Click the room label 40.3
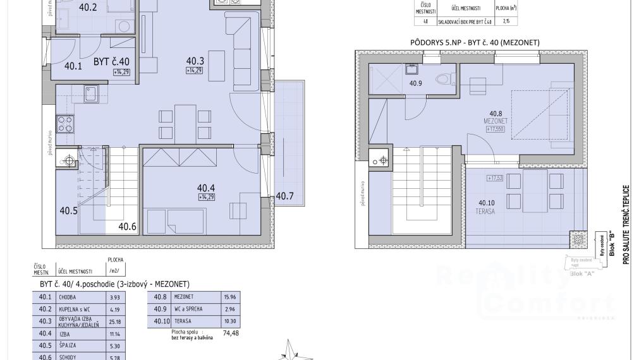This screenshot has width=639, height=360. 195,61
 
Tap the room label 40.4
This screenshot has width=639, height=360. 206,188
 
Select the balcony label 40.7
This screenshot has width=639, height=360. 285,196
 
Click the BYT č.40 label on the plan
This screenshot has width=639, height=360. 111,61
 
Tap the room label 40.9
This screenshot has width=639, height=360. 415,83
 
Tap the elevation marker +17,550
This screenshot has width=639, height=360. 497,129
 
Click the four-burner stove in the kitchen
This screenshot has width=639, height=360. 64,123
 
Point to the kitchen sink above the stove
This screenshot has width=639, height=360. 90,95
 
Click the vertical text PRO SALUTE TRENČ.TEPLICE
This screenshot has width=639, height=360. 626,224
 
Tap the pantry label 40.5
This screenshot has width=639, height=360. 68,211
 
